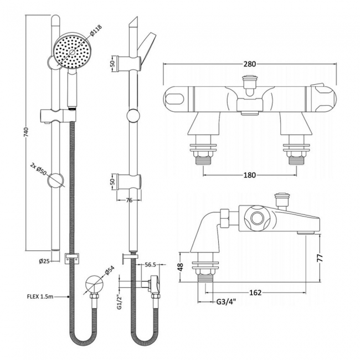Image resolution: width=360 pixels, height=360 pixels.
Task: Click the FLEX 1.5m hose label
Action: (47, 296)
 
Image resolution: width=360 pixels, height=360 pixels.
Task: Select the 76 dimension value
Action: (128, 200)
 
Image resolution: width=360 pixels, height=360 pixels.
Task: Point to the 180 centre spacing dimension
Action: (250, 176)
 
